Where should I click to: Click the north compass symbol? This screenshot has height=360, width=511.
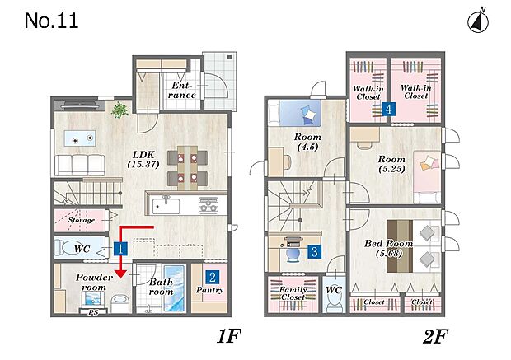tap(478, 22)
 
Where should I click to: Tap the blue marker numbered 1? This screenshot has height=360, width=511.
tap(120, 250)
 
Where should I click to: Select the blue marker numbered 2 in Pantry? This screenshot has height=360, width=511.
tap(212, 278)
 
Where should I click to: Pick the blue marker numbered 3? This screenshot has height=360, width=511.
tap(314, 251)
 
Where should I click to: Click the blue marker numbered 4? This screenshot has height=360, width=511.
tap(388, 109)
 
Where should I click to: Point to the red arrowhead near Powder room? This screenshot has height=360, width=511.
tap(121, 274)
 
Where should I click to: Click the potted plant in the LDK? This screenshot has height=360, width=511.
tap(120, 110)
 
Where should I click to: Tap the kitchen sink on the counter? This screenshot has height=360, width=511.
tap(166, 205)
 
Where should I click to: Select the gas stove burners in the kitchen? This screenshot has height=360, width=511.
tap(209, 205)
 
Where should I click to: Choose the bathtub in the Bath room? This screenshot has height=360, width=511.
tap(175, 288)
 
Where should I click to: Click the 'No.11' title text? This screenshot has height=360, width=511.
tap(51, 21)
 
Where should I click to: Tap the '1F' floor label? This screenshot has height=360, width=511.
tap(229, 336)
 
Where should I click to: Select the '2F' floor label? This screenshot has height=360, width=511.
tap(435, 337)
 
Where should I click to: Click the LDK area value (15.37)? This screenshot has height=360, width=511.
tap(143, 164)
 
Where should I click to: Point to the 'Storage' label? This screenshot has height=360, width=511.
tap(82, 220)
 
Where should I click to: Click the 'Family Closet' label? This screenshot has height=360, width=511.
tap(293, 293)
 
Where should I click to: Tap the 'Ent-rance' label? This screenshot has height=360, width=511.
tap(182, 91)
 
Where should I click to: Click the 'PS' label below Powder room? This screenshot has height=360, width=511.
tap(93, 312)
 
